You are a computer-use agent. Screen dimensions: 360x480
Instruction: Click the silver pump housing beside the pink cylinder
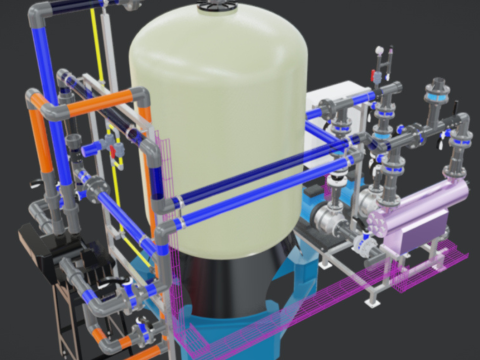(330, 215)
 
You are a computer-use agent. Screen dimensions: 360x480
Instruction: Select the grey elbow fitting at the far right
(463, 125)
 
